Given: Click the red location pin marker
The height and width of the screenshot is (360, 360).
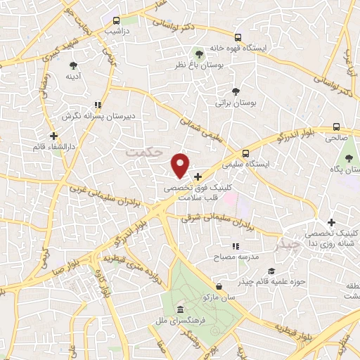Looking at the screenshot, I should point(181,165).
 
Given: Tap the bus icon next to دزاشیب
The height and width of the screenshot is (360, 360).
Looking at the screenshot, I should point(117,21).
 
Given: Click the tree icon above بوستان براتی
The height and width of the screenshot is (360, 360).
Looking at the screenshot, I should point(236,91).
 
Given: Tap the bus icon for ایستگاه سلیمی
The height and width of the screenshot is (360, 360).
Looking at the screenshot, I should point(245,153).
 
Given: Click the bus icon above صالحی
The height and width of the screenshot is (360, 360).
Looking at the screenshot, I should point(336,127).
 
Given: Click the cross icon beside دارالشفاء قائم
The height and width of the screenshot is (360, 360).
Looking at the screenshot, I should point(53,136).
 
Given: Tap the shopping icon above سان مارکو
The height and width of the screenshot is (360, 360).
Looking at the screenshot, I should point(220,286).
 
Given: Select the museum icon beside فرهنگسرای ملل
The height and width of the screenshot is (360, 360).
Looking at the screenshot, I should point(181,309).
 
